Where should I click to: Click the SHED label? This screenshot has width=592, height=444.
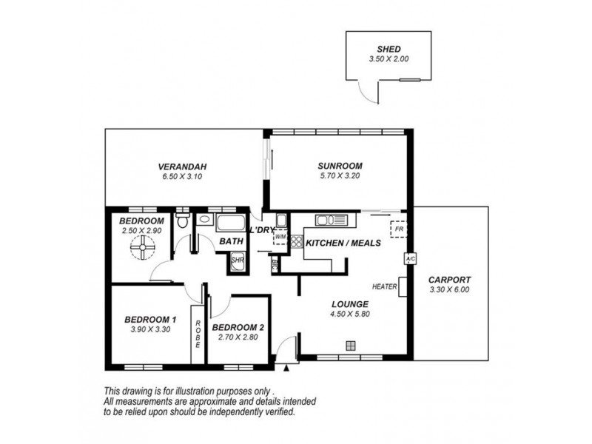pos(389,49)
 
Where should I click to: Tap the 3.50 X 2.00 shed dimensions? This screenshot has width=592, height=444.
pos(389,59)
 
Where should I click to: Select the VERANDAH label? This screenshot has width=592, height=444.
pos(182,166)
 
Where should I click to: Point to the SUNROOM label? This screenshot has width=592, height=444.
pos(340,166)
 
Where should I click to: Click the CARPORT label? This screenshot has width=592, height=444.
pos(449,280)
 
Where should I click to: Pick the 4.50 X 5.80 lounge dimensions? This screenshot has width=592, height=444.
pos(350,314)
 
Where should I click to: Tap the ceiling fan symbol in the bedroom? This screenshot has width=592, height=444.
pos(143,247)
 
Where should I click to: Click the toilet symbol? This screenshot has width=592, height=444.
pos(183,218)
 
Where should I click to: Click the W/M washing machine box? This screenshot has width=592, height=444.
pos(280,237)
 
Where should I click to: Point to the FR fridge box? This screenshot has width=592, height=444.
pos(399,229)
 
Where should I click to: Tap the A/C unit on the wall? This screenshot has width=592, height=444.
pos(411,259)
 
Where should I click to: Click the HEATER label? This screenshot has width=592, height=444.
pos(384,286)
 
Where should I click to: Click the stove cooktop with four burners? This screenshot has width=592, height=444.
pos(297,242)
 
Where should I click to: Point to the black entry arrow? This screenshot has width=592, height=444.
pos(286,368)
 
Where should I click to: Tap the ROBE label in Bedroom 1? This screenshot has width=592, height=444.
pos(198,334)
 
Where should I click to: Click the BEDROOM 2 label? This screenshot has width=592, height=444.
pos(238,327)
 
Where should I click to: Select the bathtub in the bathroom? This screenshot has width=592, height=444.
pos(230,223)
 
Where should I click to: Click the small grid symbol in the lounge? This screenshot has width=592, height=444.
pos(351,346)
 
